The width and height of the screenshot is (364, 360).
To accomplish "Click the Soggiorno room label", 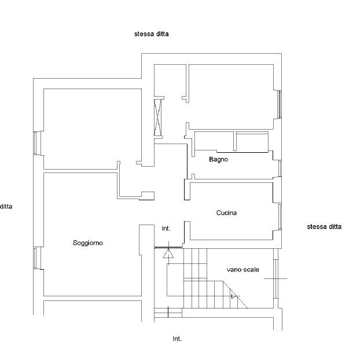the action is (x=88, y=243).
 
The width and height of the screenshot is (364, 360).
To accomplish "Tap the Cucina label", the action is (x=226, y=213).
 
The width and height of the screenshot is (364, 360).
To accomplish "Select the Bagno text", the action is (x=218, y=160).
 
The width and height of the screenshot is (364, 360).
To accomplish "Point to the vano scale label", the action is (x=243, y=270).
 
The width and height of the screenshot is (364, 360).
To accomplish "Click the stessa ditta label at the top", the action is (x=152, y=34).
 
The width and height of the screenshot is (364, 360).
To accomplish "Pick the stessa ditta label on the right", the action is (x=324, y=226).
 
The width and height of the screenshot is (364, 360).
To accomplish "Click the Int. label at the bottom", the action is (x=177, y=339).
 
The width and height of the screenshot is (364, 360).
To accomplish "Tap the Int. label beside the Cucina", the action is (x=166, y=229).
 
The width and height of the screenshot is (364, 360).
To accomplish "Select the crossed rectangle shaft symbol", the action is (x=158, y=117).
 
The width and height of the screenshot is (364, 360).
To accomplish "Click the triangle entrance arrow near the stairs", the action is (x=168, y=254).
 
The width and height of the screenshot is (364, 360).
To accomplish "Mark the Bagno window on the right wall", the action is (x=280, y=168).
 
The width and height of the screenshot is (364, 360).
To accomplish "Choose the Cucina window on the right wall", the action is (x=280, y=217).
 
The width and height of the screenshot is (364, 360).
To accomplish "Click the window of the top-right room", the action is (x=280, y=104).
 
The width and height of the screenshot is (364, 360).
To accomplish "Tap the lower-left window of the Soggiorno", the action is (x=35, y=258).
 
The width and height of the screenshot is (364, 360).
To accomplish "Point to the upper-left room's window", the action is (x=35, y=143).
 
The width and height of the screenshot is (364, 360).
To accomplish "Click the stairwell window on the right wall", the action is (x=275, y=279).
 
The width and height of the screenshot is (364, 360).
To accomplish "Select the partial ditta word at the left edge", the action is (x=6, y=207).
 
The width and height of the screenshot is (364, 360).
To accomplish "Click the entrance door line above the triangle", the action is (x=168, y=248).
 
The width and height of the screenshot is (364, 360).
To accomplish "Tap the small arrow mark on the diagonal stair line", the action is (x=234, y=296).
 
